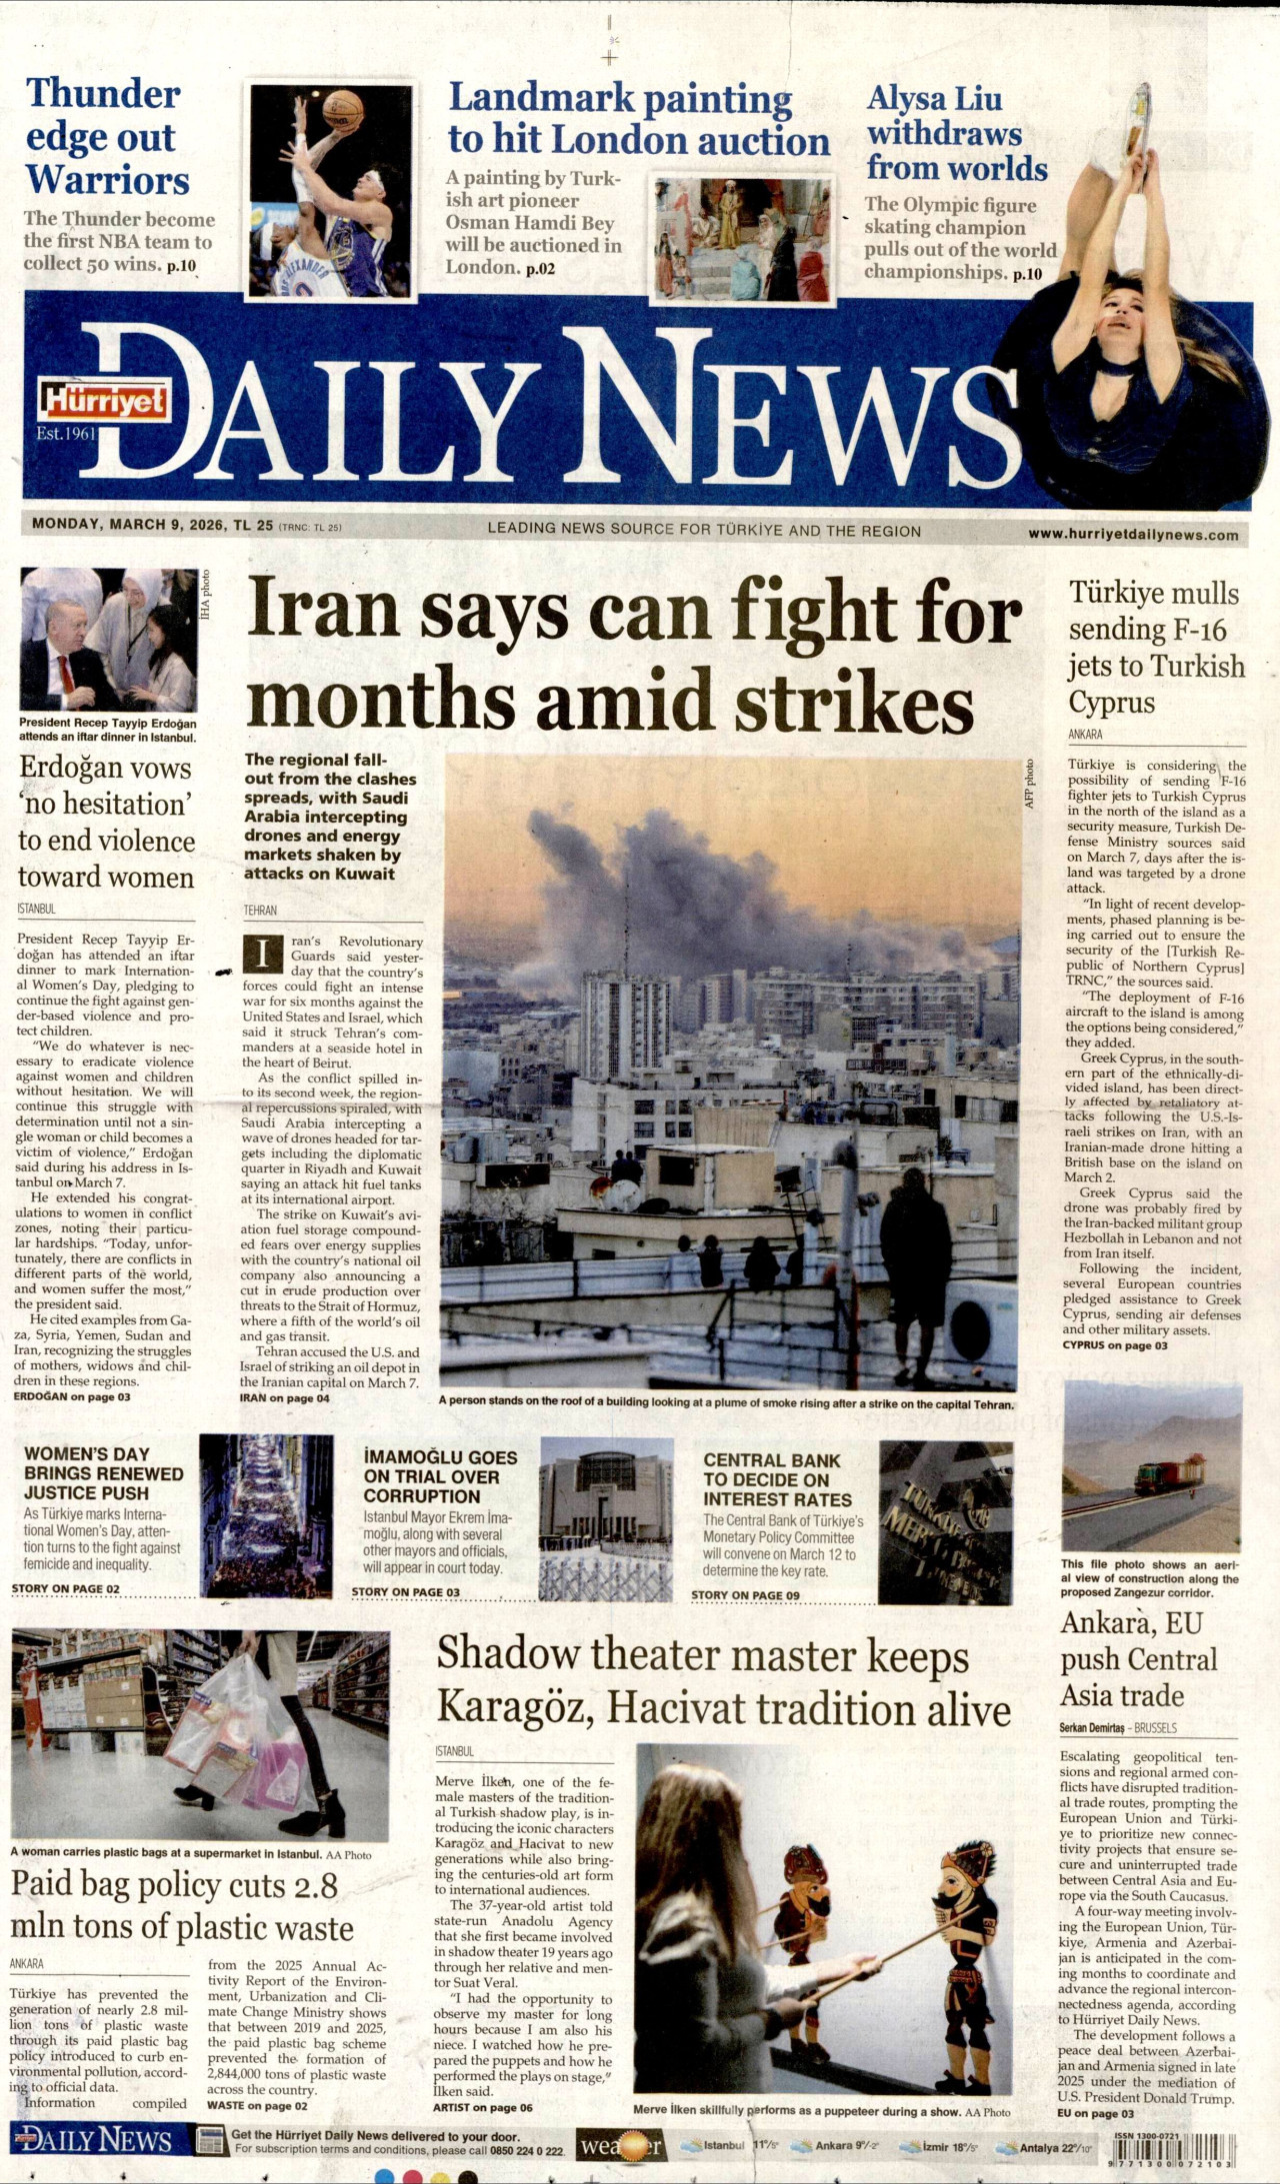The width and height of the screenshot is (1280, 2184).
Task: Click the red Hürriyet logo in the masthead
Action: (x=102, y=400)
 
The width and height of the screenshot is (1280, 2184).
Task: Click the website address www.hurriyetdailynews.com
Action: (x=1133, y=535)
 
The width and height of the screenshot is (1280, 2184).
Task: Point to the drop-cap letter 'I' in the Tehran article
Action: (x=263, y=954)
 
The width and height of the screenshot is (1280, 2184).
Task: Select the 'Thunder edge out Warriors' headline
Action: (x=106, y=137)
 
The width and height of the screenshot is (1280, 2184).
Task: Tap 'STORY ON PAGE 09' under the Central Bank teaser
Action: (x=745, y=1595)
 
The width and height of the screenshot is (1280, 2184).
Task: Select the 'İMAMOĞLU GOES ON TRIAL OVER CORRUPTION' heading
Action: (x=440, y=1476)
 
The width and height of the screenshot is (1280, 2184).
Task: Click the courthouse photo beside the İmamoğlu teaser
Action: (x=606, y=1518)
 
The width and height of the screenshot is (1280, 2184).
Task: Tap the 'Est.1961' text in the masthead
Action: (x=66, y=434)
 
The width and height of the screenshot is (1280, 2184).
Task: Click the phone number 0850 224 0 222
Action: (x=527, y=2150)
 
